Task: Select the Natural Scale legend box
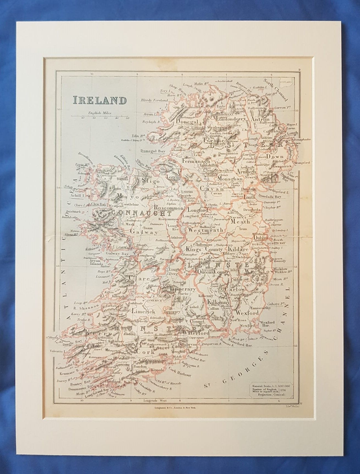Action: (x=269, y=388)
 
